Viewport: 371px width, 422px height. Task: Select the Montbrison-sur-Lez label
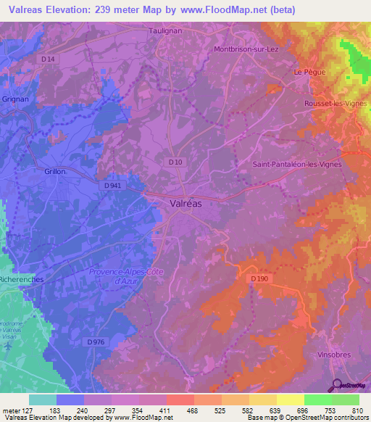246,49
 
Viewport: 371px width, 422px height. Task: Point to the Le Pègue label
307,73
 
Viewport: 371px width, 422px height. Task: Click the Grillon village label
54,172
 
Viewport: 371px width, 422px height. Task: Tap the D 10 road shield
175,162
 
